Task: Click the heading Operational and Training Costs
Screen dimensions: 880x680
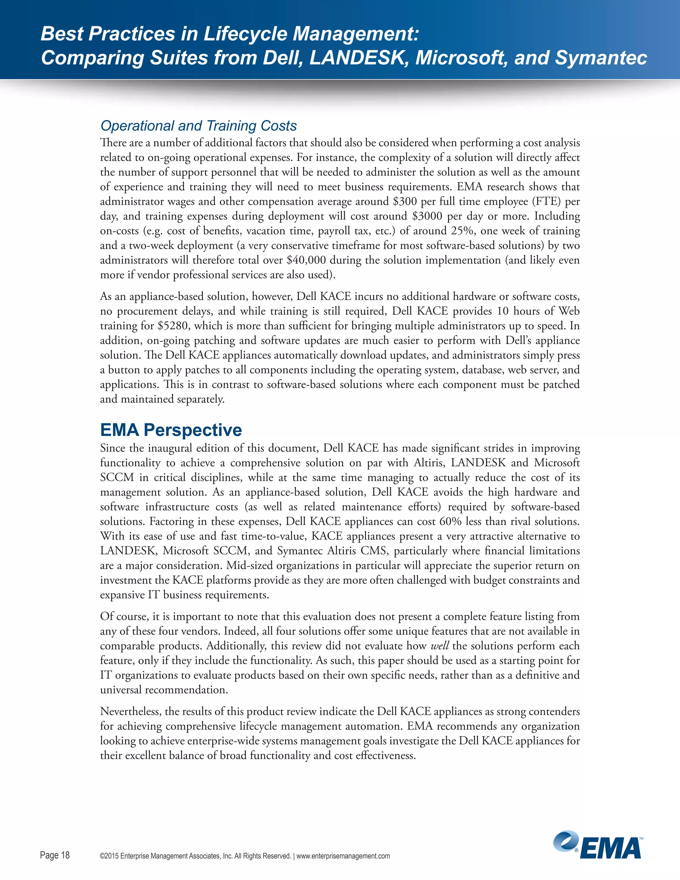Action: coord(198,126)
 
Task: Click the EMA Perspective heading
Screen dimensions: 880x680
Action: coord(171,430)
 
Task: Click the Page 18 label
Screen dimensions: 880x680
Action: coord(55,855)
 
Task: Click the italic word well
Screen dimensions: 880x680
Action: coord(440,646)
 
